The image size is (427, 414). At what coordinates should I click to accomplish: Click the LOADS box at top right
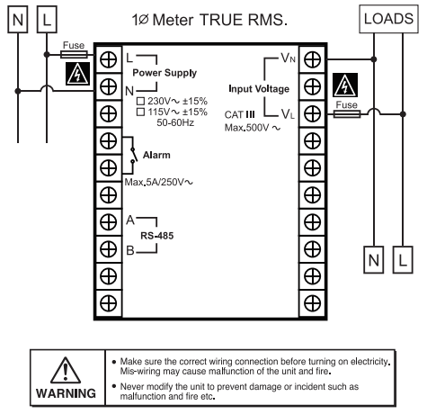[x=388, y=19]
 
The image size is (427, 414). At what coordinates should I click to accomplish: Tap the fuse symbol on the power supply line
[x=74, y=55]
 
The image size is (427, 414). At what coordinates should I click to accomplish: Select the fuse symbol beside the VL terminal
[x=347, y=114]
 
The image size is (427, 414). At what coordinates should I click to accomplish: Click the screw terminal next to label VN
[x=312, y=59]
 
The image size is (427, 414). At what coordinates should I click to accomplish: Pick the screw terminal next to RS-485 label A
[x=108, y=222]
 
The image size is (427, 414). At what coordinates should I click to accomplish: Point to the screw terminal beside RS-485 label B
[x=108, y=249]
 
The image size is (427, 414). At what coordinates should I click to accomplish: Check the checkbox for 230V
[x=140, y=101]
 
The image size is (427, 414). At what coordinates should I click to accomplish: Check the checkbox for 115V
[x=140, y=112]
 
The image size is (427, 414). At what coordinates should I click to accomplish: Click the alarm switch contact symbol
[x=133, y=155]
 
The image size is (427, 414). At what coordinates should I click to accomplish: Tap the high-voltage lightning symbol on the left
[x=77, y=74]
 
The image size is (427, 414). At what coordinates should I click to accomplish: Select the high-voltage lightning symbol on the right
[x=345, y=85]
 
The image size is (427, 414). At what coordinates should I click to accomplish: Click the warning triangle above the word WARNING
[x=66, y=371]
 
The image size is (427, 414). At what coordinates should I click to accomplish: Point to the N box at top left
[x=18, y=20]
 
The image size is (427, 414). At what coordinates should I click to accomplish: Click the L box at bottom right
[x=403, y=260]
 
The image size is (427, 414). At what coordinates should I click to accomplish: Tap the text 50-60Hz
[x=175, y=122]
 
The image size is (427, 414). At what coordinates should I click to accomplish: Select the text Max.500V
[x=247, y=128]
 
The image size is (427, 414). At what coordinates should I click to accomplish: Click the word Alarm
[x=156, y=155]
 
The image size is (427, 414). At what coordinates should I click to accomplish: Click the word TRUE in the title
[x=221, y=20]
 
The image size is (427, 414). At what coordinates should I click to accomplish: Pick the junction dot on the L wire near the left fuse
[x=47, y=55]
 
